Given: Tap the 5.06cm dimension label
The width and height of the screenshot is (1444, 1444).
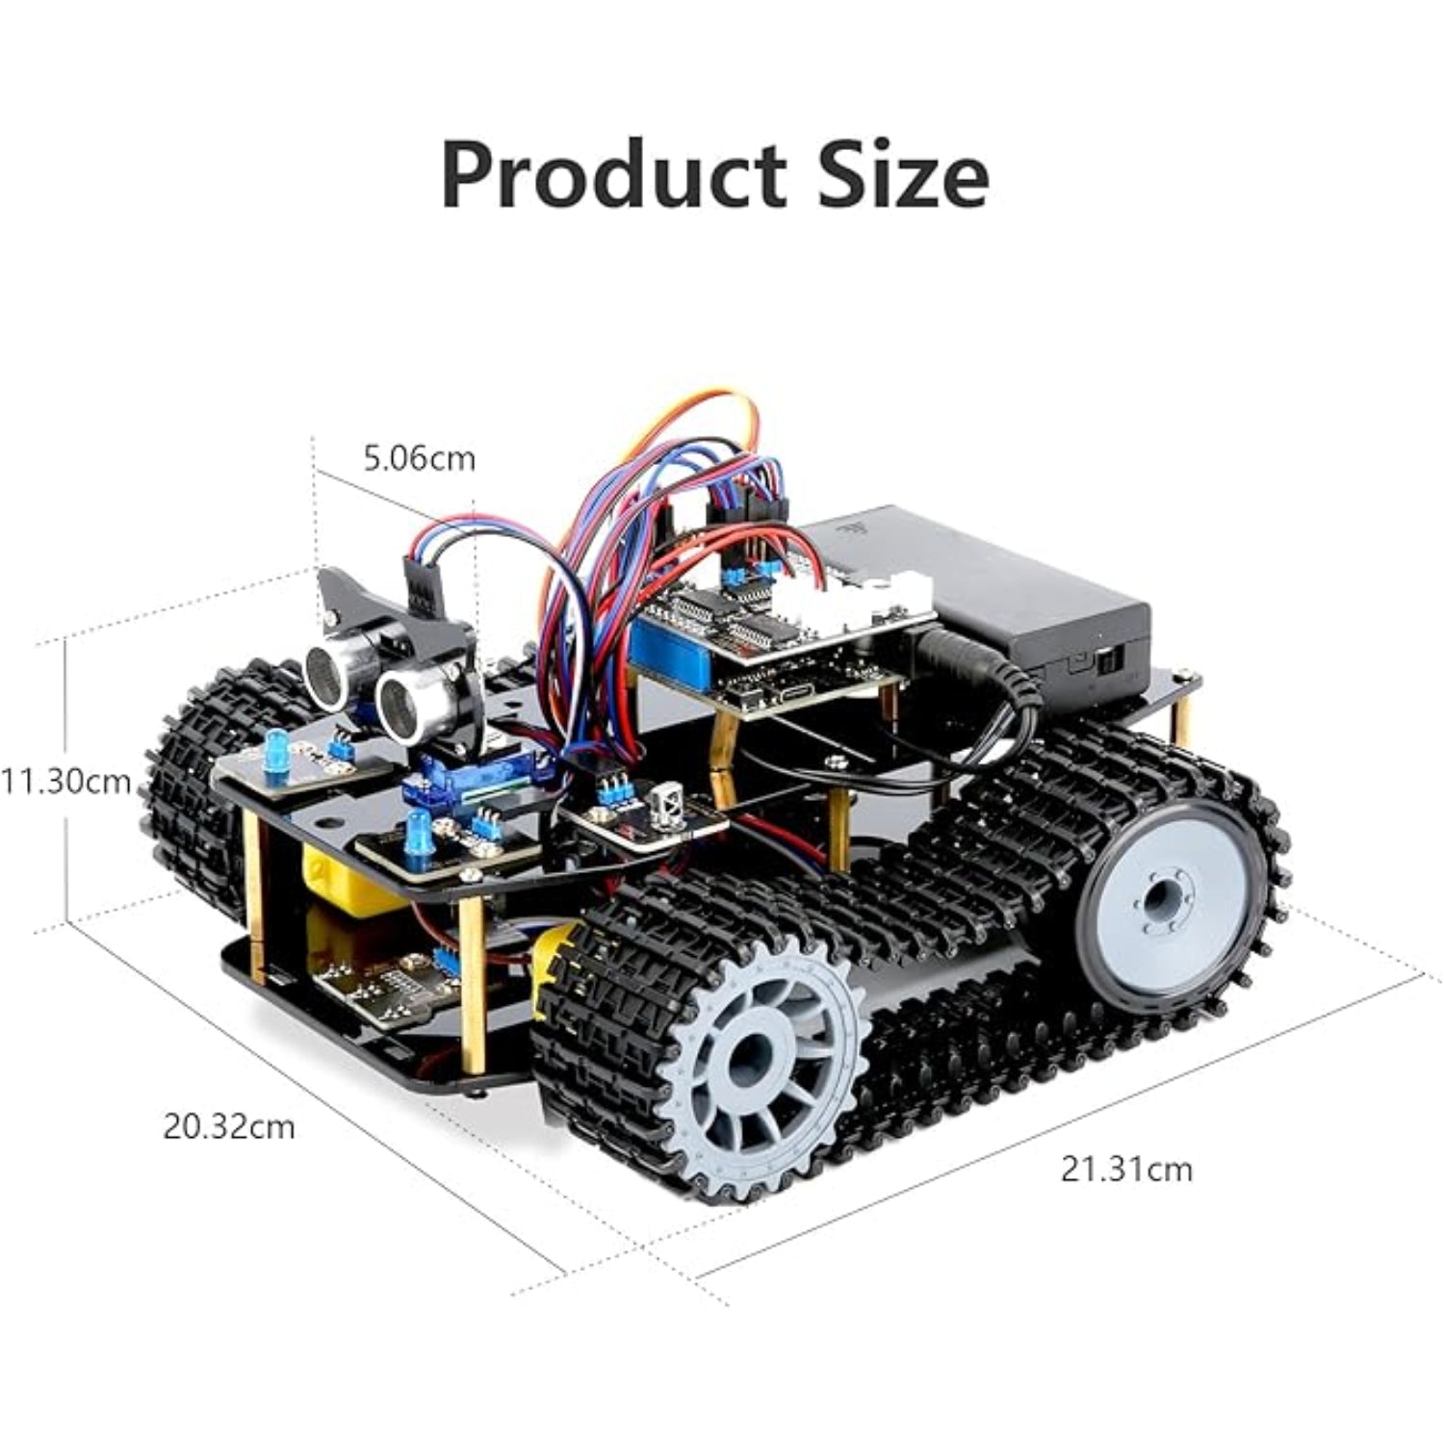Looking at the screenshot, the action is coord(420,458).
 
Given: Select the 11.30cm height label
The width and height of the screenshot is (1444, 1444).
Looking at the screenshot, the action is coord(65,781).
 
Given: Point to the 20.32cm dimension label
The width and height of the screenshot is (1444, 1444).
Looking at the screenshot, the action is coord(228,1125).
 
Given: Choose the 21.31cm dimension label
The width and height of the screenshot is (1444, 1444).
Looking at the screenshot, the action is coord(1126,1169).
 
